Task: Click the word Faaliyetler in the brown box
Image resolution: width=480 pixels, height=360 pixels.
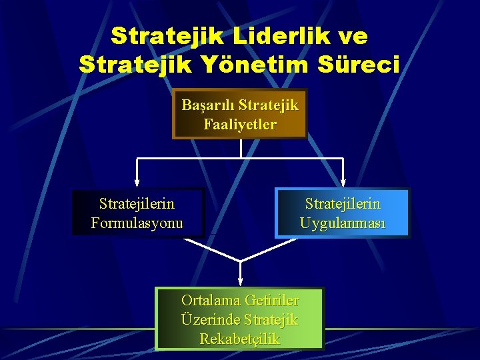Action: (x=240, y=124)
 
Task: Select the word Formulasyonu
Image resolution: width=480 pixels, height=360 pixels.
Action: (x=137, y=223)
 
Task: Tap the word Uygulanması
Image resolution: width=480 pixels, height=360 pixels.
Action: (x=343, y=223)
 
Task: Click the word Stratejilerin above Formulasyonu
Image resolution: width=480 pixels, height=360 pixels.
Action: (x=137, y=203)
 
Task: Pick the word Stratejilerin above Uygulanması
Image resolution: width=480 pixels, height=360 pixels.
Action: (x=343, y=203)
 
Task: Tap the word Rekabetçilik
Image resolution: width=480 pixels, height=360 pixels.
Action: (x=240, y=339)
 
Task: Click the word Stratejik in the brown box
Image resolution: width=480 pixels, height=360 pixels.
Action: (x=269, y=105)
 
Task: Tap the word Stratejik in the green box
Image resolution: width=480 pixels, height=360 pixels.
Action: (x=271, y=319)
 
